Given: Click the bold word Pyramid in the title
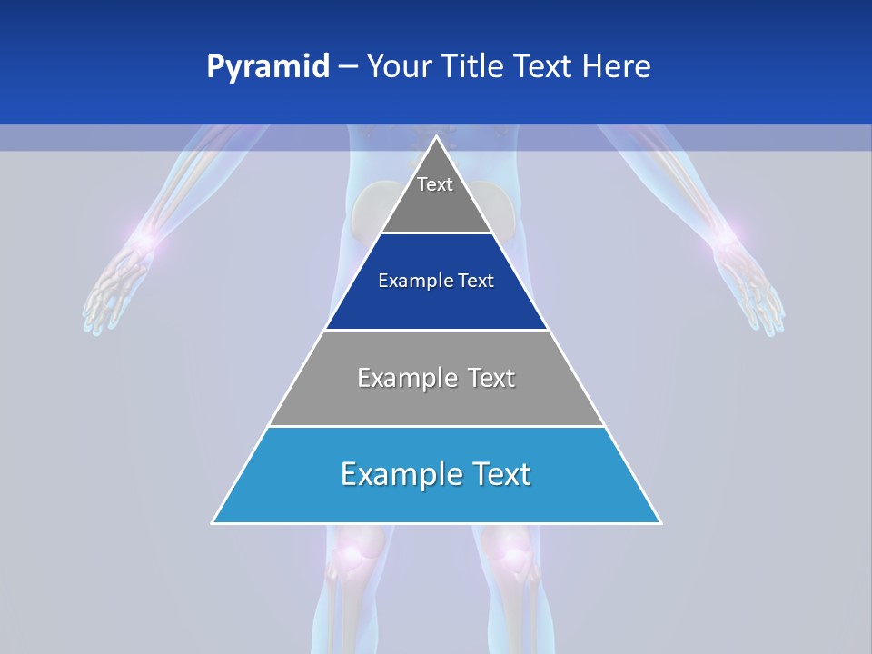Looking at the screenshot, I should [267, 67].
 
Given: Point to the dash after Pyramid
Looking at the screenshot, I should [348, 67].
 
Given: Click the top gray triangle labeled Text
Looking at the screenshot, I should [436, 195].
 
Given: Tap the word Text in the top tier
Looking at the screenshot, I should [435, 185].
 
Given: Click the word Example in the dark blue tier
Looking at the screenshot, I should [409, 282].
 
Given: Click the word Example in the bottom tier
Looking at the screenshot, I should [394, 474].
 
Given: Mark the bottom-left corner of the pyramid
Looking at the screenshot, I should [213, 522].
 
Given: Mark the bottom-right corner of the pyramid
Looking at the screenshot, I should [660, 522].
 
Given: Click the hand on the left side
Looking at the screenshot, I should [114, 291].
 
